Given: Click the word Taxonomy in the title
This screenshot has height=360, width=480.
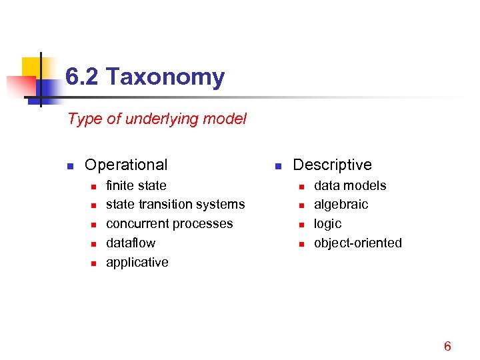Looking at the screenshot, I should point(165,78).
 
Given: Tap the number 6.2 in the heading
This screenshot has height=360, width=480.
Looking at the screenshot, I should point(83,78).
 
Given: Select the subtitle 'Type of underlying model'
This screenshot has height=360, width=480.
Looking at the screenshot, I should point(157,119).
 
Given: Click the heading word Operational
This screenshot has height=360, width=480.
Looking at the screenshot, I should point(126,165).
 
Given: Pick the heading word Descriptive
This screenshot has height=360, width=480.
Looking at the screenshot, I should point(332,165).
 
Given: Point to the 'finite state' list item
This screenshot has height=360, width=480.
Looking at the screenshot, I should point(136,185).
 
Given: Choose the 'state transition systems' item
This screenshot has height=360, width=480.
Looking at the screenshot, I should point(175,205).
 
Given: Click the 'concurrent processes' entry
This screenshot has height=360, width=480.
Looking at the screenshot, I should point(169,224).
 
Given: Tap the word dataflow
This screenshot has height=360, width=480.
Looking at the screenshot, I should point(131,243).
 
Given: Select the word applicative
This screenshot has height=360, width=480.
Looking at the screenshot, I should point(137,263).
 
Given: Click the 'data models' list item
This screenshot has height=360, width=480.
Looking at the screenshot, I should point(350,185).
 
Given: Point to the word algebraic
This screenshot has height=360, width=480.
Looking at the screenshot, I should point(341,205).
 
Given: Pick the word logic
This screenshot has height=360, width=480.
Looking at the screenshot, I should point(327,224).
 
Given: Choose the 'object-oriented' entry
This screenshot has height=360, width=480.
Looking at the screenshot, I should point(358,243).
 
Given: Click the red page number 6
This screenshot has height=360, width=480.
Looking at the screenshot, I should point(447,346).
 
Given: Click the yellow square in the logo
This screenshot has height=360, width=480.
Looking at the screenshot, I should point(31,67).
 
